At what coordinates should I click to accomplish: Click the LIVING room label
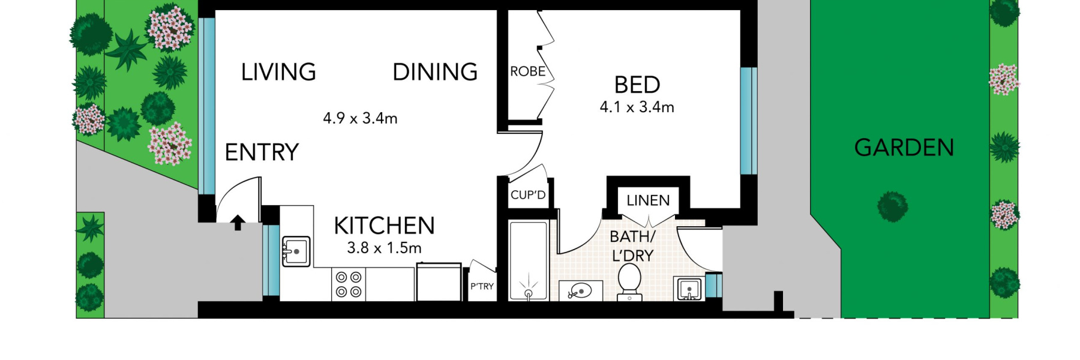click(278, 72)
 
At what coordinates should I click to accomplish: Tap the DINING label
click(435, 72)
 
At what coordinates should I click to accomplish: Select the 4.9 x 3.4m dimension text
click(360, 118)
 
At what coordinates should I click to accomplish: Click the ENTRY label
click(262, 152)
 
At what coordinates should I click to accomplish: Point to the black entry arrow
click(238, 223)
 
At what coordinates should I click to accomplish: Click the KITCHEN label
click(384, 226)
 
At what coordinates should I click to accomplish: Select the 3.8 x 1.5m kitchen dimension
click(384, 248)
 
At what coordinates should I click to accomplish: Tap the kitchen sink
click(296, 251)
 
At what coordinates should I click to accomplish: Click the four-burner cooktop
click(349, 284)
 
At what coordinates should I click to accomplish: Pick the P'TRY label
click(482, 286)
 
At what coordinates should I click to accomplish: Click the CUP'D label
click(528, 195)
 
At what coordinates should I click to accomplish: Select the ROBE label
click(527, 71)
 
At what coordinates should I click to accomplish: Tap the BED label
click(637, 85)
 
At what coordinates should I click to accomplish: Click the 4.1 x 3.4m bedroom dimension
click(637, 107)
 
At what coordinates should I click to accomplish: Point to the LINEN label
click(648, 200)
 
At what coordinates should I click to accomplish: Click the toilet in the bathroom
click(629, 281)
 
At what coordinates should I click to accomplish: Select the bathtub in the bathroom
click(528, 260)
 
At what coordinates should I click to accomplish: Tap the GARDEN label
click(904, 148)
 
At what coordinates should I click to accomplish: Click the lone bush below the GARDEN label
click(892, 206)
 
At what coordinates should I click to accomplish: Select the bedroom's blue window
click(748, 121)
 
